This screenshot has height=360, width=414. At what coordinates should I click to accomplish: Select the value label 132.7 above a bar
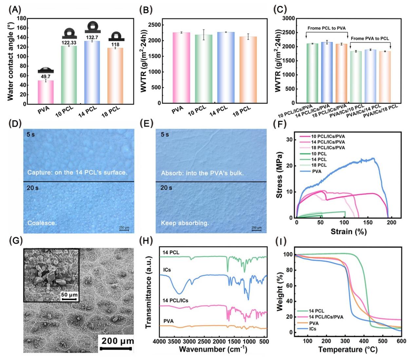point(92,37)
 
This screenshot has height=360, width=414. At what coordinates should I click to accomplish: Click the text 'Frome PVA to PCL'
point(370,38)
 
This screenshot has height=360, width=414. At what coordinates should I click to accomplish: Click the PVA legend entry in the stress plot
point(316,171)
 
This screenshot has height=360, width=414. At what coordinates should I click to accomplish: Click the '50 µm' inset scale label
point(69,295)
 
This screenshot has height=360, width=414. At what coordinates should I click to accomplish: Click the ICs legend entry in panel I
point(312,329)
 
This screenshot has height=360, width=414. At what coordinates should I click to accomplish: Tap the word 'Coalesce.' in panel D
point(42,223)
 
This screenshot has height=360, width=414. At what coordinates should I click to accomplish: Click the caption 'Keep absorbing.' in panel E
point(185,223)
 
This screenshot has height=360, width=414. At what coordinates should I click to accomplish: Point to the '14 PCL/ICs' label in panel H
point(176,300)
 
